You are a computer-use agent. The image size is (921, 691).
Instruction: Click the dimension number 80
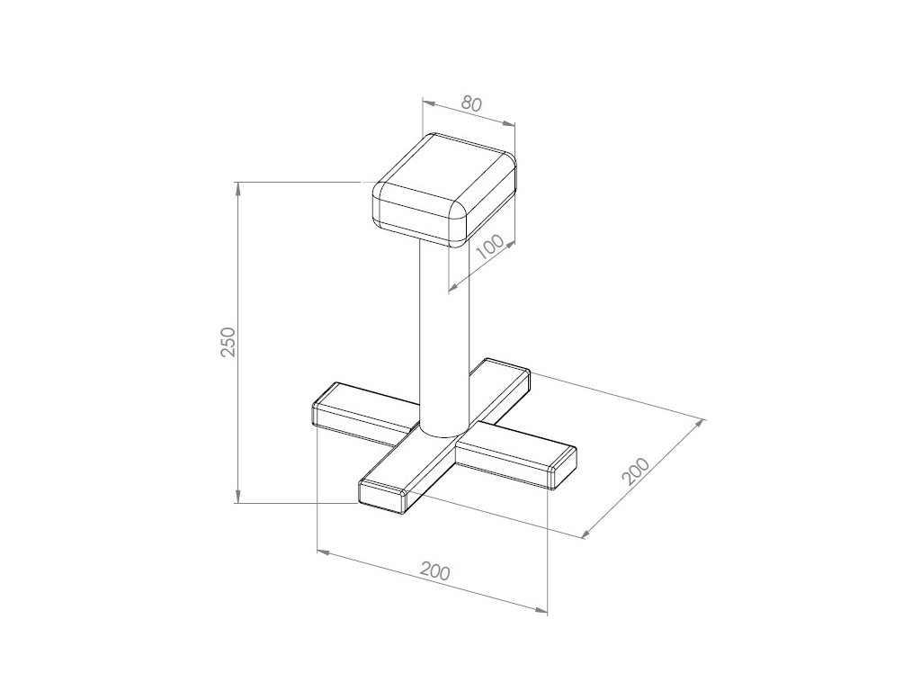point(471,104)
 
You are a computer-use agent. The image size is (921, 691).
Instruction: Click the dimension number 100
point(490,247)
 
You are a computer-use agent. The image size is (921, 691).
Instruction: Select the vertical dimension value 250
point(228,341)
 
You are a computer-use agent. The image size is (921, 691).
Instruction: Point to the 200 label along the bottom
point(435,571)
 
